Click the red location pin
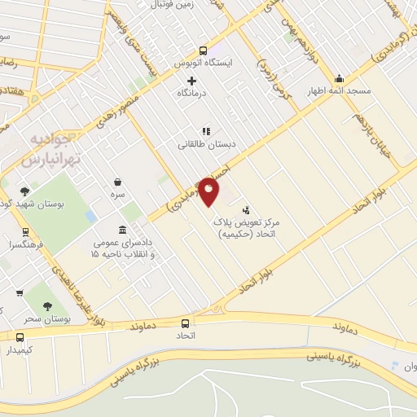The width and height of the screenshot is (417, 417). pos(208,191)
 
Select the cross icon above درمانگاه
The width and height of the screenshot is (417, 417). pos(192,81)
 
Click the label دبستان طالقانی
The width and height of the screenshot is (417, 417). pos(208,144)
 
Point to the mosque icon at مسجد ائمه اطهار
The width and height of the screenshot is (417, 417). pos(339,79)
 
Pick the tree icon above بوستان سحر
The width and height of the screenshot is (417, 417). pos(46,307)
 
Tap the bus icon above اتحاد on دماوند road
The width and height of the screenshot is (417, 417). pos(186,323)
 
